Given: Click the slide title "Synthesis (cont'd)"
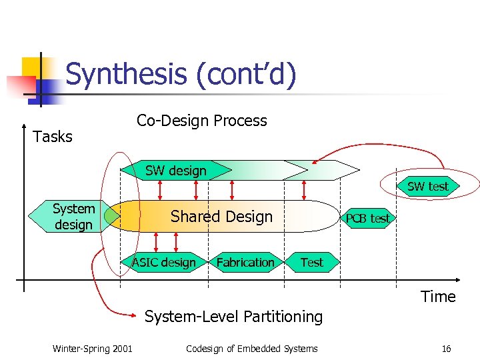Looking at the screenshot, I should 181,75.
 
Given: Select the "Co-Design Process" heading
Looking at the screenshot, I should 201,121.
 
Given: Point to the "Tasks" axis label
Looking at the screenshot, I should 53,137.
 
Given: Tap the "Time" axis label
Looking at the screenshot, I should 438,297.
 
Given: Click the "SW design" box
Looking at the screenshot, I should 176,171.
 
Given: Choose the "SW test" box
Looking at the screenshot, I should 427,186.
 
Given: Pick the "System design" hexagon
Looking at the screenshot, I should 73,217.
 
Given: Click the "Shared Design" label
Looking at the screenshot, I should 221,217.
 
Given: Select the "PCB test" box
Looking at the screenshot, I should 367,218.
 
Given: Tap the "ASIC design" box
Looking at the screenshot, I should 163,262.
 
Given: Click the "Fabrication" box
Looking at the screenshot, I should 245,262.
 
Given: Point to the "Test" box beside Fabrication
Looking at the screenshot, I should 311,262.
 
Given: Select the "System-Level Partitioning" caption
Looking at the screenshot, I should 233,317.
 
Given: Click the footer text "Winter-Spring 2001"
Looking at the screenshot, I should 92,349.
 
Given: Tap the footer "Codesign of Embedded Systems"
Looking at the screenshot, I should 251,349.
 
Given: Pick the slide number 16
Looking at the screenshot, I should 446,349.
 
